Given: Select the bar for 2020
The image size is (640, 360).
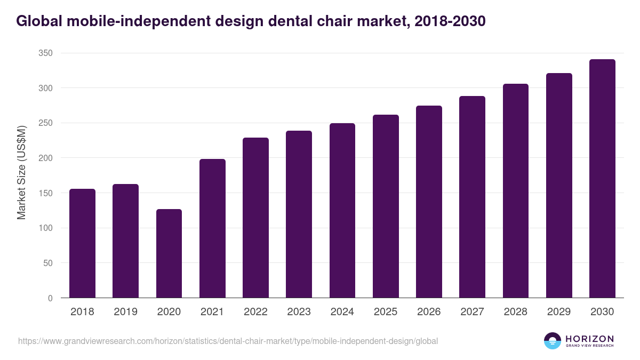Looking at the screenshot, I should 169,253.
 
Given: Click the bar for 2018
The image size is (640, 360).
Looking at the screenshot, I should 82,243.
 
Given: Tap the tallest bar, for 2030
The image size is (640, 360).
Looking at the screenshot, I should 602,179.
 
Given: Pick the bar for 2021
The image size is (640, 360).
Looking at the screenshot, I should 212,228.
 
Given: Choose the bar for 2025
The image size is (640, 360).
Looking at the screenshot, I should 386,206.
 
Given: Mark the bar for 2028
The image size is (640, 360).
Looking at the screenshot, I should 516,191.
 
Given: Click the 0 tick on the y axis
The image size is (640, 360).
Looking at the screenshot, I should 50,298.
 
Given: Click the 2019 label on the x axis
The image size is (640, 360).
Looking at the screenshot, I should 125,312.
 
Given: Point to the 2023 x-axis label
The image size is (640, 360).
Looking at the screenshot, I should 299,312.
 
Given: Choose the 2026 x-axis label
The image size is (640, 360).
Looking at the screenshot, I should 429,312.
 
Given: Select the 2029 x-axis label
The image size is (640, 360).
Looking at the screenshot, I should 559,312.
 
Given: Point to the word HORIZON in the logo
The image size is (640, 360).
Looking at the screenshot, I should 589,339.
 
